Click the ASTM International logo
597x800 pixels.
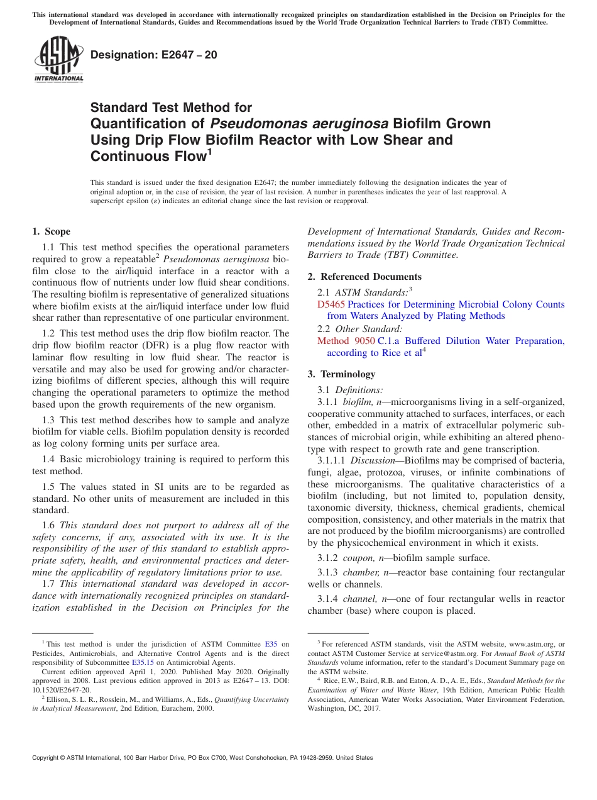point(58,59)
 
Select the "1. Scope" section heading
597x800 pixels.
point(52,231)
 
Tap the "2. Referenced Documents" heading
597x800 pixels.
point(364,277)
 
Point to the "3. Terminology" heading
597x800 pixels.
point(341,374)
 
